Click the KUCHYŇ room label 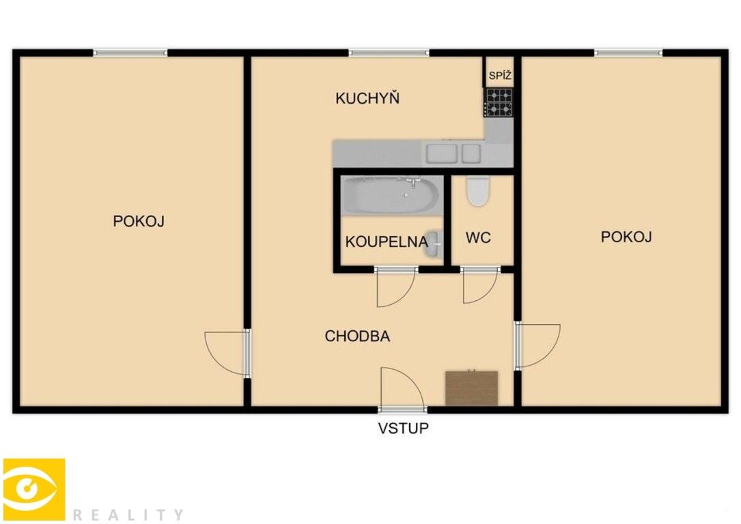click(x=367, y=98)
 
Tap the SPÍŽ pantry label click(x=500, y=76)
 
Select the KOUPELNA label click(x=387, y=242)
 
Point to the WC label click(x=478, y=238)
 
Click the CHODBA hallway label click(x=357, y=336)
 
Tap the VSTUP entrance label click(x=404, y=428)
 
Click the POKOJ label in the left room click(x=139, y=222)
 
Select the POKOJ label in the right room click(x=626, y=237)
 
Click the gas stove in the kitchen click(x=499, y=102)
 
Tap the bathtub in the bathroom click(x=391, y=195)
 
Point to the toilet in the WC click(x=478, y=191)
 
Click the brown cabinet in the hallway click(x=471, y=388)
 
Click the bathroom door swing click(x=395, y=287)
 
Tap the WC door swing click(x=480, y=285)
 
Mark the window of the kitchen click(x=389, y=53)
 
